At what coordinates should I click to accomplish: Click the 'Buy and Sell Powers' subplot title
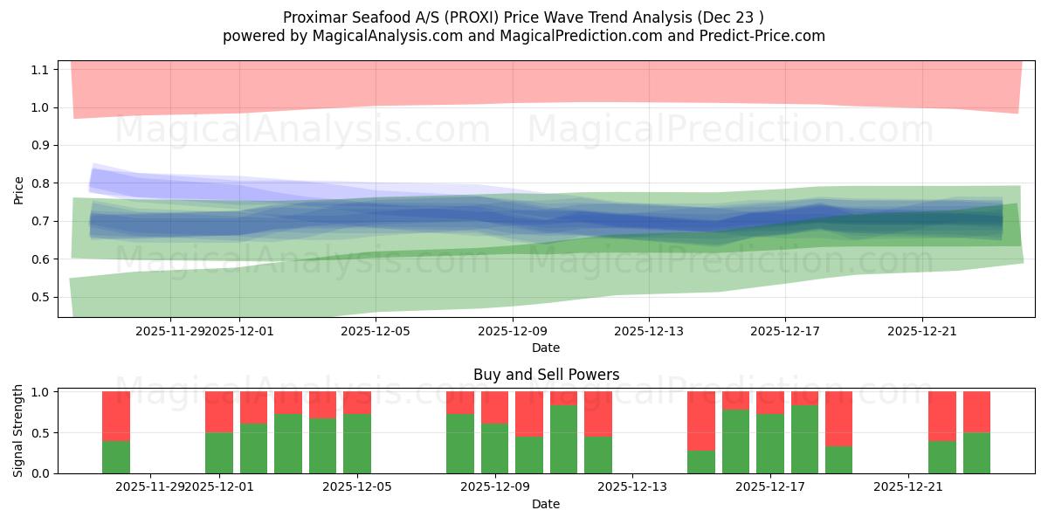coord(546,375)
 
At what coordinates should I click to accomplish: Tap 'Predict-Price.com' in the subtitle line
coord(757,36)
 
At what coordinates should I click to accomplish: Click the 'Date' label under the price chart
coord(546,348)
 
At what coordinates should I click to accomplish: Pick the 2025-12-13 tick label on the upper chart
coord(648,331)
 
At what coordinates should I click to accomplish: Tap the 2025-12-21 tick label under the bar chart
coord(909,487)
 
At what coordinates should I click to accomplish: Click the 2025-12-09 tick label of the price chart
coord(512,331)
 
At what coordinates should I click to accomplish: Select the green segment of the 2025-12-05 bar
coord(357,444)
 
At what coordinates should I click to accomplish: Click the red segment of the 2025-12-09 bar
coord(495,407)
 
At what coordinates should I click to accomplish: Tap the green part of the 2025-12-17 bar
coord(770,444)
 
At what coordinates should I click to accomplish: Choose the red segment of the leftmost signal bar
coord(116,416)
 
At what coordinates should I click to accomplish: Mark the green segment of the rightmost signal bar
coord(976,453)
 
